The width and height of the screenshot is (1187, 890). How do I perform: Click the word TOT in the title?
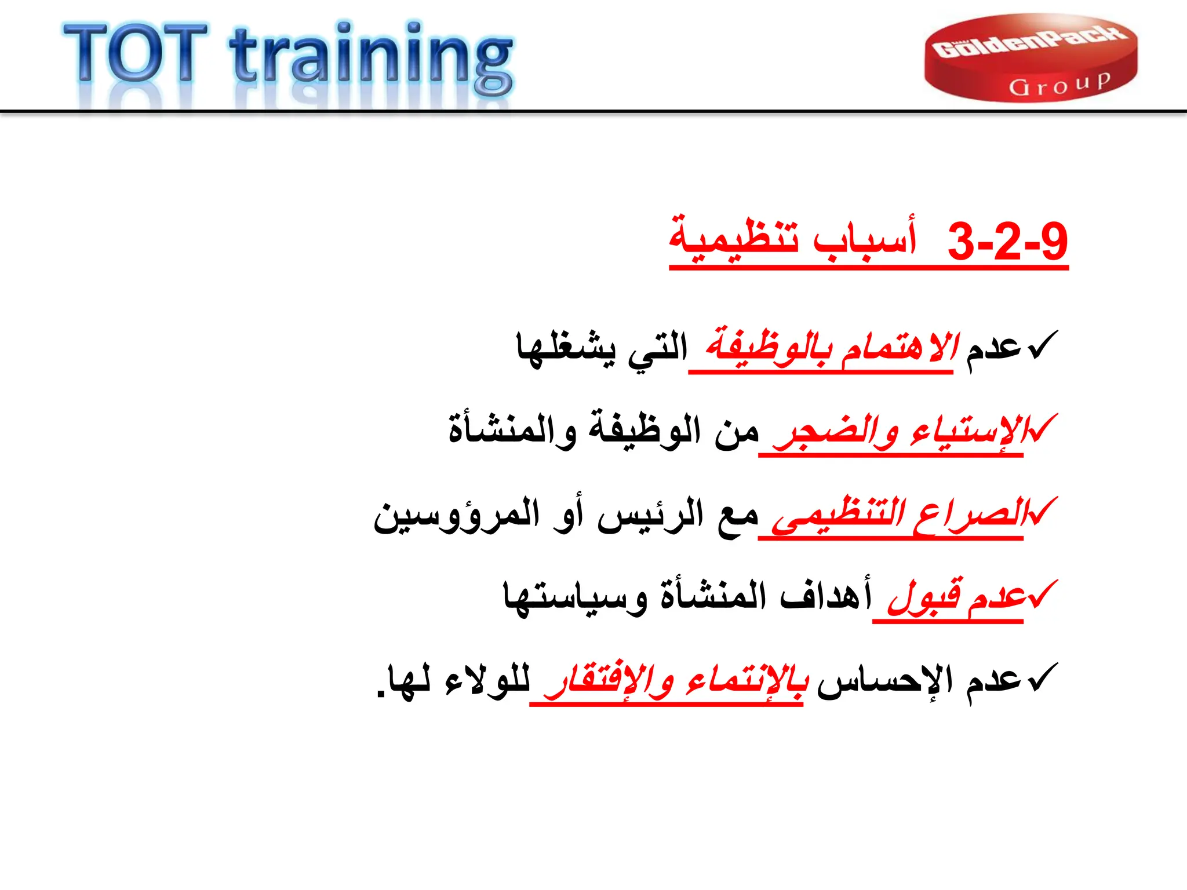point(134,53)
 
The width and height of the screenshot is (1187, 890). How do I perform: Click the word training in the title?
point(371,58)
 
